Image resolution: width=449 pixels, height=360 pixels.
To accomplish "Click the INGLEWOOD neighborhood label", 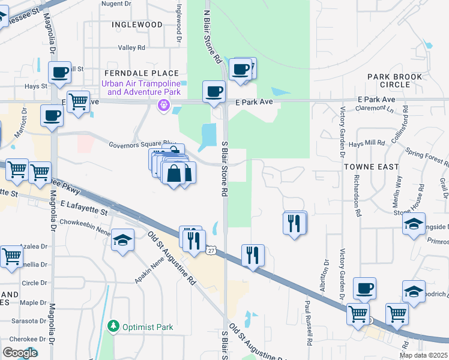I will coord(137,25).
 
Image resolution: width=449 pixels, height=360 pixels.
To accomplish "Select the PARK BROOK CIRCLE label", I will coord(396,80).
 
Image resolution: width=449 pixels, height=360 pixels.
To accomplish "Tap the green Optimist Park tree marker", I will coord(112,327).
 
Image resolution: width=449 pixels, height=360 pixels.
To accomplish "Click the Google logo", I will coord(20,353).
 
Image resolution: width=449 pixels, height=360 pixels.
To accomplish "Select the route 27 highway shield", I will coord(211,250).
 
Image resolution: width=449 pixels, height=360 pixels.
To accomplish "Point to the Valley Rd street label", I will coord(131,47).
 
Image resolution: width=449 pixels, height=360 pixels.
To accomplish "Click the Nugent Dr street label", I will coord(116,4).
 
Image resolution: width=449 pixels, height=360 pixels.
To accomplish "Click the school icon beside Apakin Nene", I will coord(123,241).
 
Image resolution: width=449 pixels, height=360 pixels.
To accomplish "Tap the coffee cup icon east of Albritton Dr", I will coord(364,289).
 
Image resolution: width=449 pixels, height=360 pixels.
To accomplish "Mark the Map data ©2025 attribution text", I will coord(423,355).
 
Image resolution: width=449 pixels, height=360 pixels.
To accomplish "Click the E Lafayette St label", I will coord(84,205).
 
